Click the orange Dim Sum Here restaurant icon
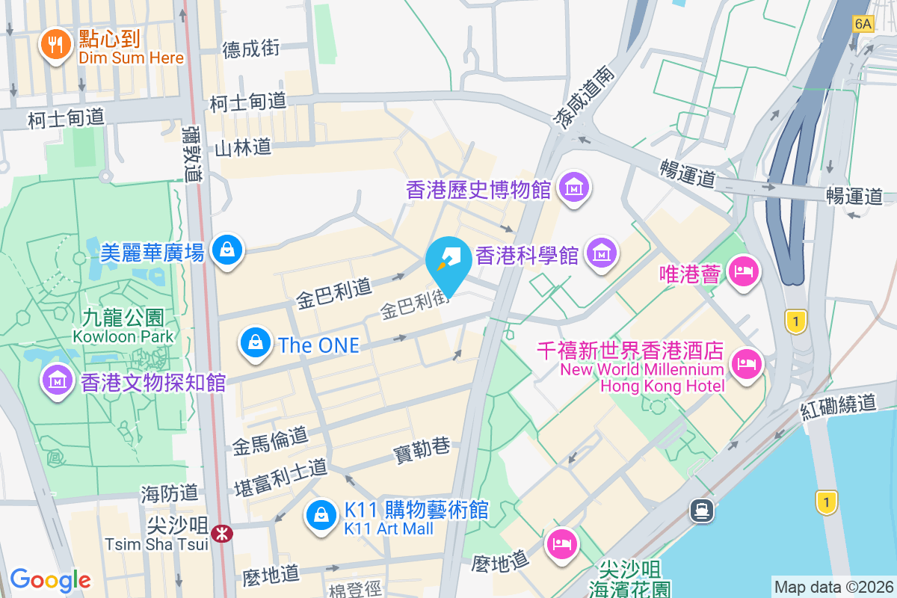55,44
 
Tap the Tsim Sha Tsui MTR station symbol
221,534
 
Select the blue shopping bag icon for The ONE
256,343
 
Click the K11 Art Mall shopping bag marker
321,517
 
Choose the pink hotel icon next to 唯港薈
743,272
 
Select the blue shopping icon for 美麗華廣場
226,250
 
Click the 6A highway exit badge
863,24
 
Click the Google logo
50,579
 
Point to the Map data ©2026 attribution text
833,587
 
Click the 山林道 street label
242,147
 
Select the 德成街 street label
251,49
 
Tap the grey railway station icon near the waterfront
703,510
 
